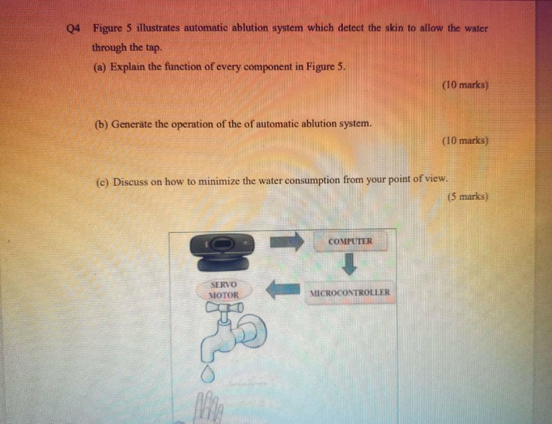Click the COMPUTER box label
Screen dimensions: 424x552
(351, 241)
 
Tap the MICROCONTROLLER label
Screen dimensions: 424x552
(350, 293)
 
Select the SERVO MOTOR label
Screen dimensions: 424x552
(224, 290)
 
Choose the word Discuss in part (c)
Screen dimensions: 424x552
(130, 182)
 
